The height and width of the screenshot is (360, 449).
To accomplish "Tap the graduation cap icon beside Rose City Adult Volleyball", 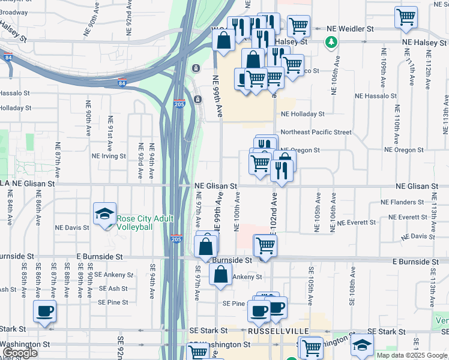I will click(x=104, y=214).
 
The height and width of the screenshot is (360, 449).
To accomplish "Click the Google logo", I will click(x=20, y=353).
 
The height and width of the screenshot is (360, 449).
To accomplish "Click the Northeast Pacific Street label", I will click(x=316, y=131).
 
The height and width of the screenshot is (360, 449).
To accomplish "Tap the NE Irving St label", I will click(x=109, y=156).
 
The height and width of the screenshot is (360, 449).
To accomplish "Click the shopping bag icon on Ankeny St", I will click(x=221, y=274).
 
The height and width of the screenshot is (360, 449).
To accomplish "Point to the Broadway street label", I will click(x=14, y=12).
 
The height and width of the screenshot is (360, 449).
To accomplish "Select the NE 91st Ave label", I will click(x=110, y=133).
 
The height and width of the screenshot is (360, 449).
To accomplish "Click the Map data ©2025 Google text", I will click(x=412, y=355).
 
